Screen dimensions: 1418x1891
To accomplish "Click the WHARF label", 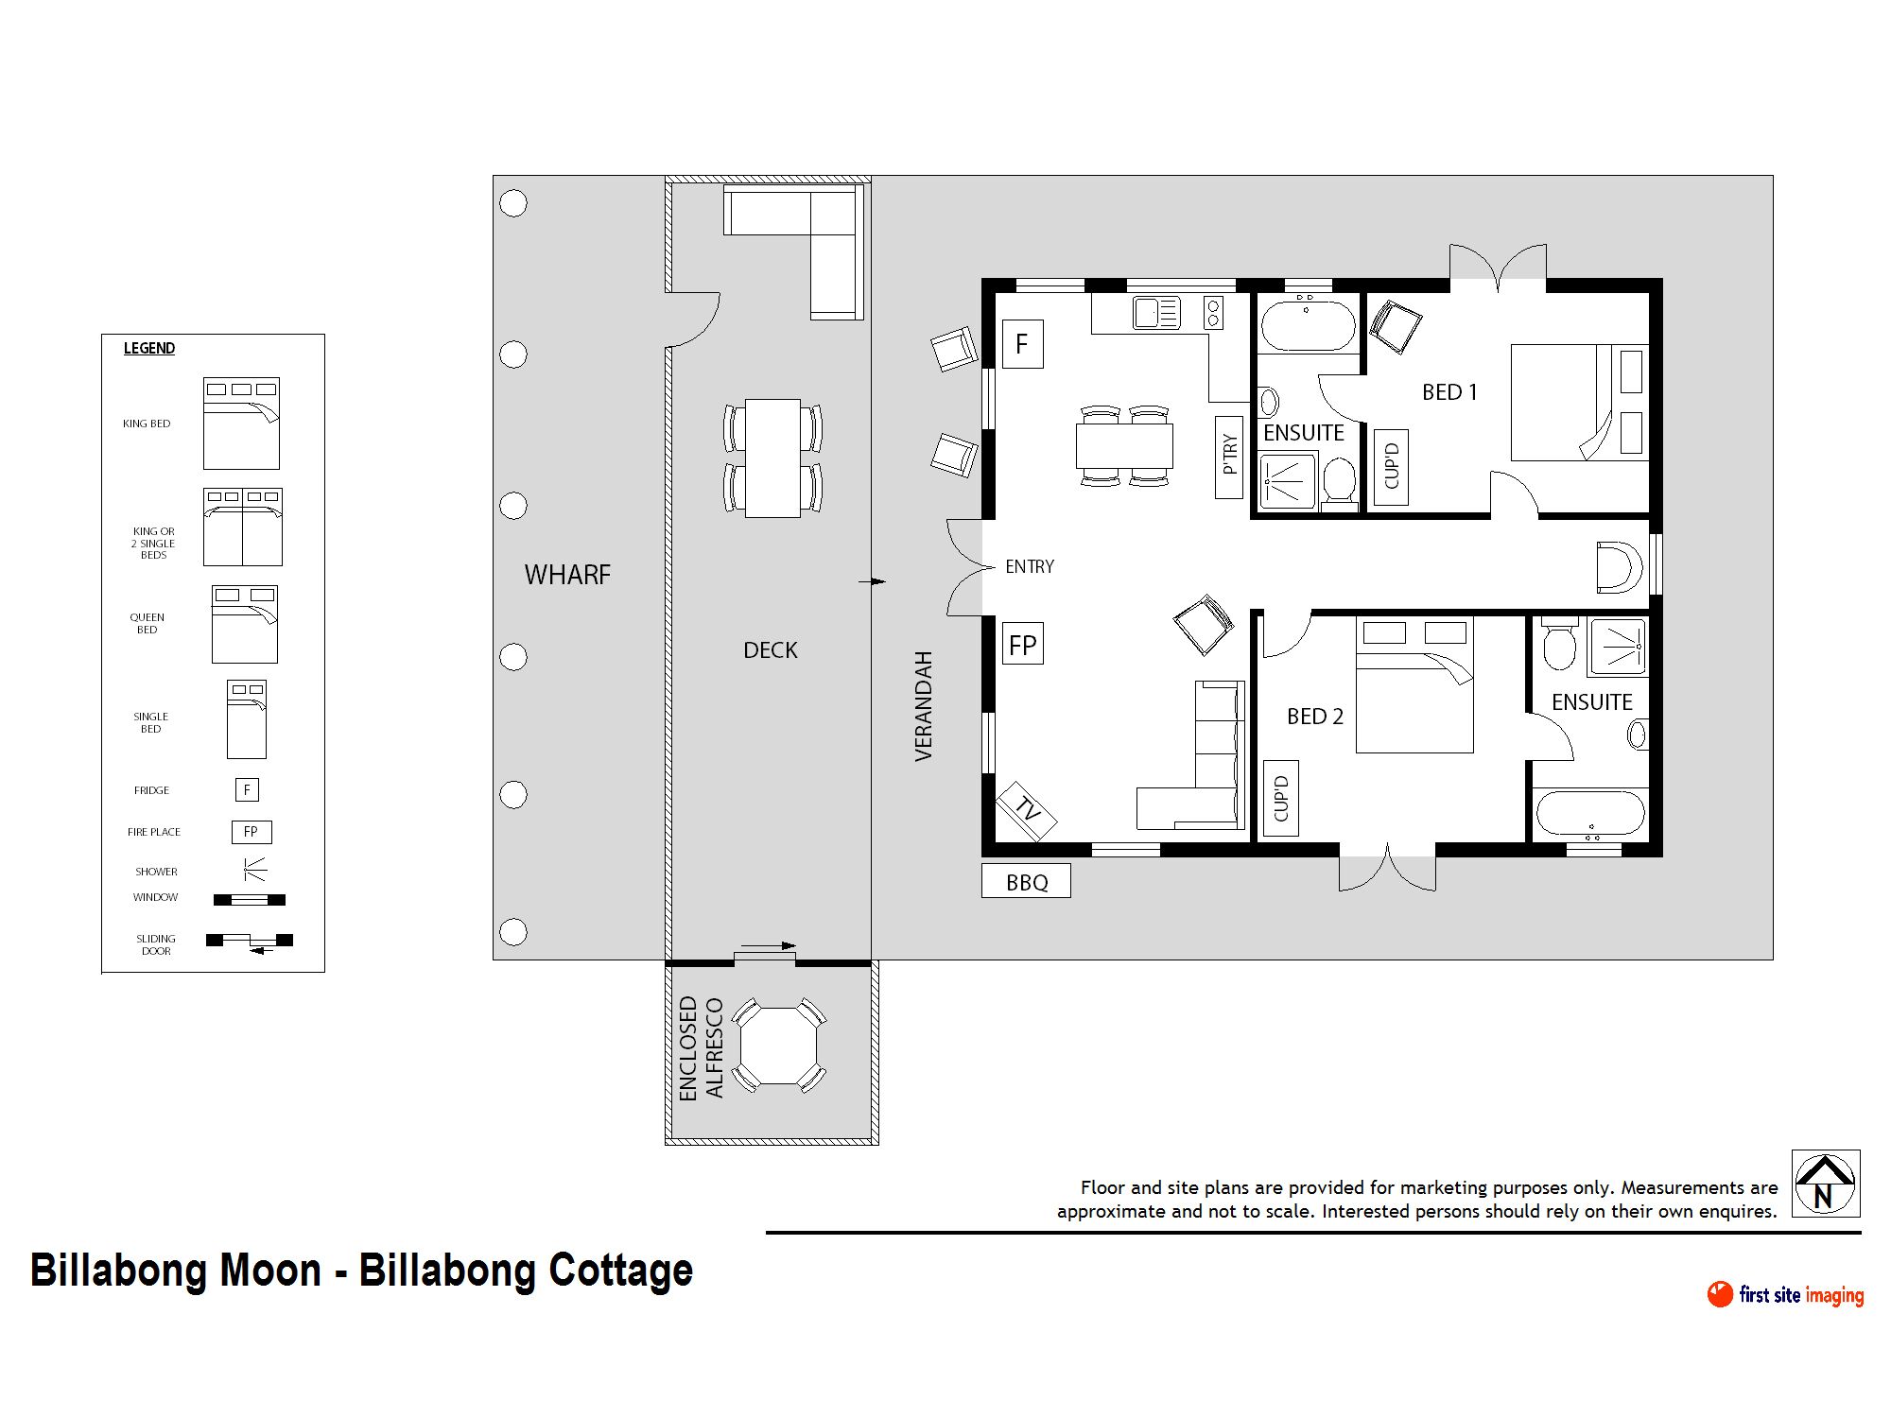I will coord(567,575).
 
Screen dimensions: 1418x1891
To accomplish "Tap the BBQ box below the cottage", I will coord(1026,881).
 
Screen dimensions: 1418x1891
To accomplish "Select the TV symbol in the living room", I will coord(1027,810).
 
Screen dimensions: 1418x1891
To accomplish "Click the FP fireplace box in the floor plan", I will coord(1022,645).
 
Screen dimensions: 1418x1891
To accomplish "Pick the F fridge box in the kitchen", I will coord(1022,344).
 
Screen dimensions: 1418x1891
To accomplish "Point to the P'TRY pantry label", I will coord(1228,457).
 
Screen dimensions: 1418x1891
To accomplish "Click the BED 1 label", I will coord(1449,392).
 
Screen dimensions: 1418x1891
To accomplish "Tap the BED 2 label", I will coord(1314,717).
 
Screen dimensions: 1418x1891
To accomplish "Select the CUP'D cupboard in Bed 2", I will coord(1281,799).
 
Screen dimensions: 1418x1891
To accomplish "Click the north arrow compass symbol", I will coord(1826,1184).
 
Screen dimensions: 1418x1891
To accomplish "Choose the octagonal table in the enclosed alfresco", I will coord(777,1046).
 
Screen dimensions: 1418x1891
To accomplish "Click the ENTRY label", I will coord(1029,566).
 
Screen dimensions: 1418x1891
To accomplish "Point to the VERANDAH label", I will coord(924,706).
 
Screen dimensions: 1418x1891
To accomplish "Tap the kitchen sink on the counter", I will coord(1156,313).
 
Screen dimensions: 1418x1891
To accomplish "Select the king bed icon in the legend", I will coord(241,424).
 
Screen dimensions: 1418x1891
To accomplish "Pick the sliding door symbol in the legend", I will coord(250,942).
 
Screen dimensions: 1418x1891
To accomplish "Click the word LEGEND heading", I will coord(149,348).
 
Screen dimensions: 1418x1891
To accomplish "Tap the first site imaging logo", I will coord(1785,1294).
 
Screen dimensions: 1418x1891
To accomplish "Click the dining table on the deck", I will coord(772,458).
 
